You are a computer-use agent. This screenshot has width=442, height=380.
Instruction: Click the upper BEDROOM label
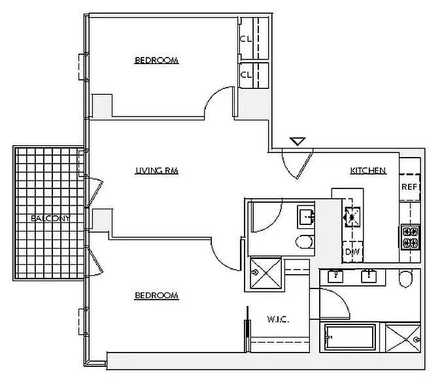tap(156, 60)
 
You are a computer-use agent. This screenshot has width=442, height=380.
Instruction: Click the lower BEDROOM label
tap(156, 296)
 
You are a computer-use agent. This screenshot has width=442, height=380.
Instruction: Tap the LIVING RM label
tap(157, 171)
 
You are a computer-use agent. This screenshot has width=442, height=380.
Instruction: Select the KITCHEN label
tap(368, 171)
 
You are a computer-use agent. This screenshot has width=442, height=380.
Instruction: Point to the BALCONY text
tap(50, 218)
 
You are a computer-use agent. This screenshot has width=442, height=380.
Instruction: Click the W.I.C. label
tap(278, 319)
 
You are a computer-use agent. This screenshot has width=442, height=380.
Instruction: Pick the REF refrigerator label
tap(409, 186)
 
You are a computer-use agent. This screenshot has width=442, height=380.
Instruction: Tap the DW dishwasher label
tap(352, 252)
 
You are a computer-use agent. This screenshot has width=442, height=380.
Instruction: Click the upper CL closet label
tap(246, 39)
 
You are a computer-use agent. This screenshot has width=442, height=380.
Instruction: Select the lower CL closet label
tap(246, 75)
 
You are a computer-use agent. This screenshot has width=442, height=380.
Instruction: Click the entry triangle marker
tap(297, 141)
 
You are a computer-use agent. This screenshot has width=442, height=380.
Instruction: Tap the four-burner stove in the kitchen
tap(411, 237)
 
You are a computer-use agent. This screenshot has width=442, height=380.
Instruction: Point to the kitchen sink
tap(351, 217)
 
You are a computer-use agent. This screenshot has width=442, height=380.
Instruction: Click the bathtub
tap(350, 337)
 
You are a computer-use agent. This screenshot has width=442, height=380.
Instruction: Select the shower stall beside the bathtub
tap(403, 339)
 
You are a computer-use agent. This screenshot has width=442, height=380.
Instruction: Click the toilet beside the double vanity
tap(405, 278)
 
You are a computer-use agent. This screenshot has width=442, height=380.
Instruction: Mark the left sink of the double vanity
tap(335, 276)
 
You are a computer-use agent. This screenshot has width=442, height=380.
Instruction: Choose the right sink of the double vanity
tap(369, 276)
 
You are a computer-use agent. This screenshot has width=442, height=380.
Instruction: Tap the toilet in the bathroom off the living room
tap(305, 241)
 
